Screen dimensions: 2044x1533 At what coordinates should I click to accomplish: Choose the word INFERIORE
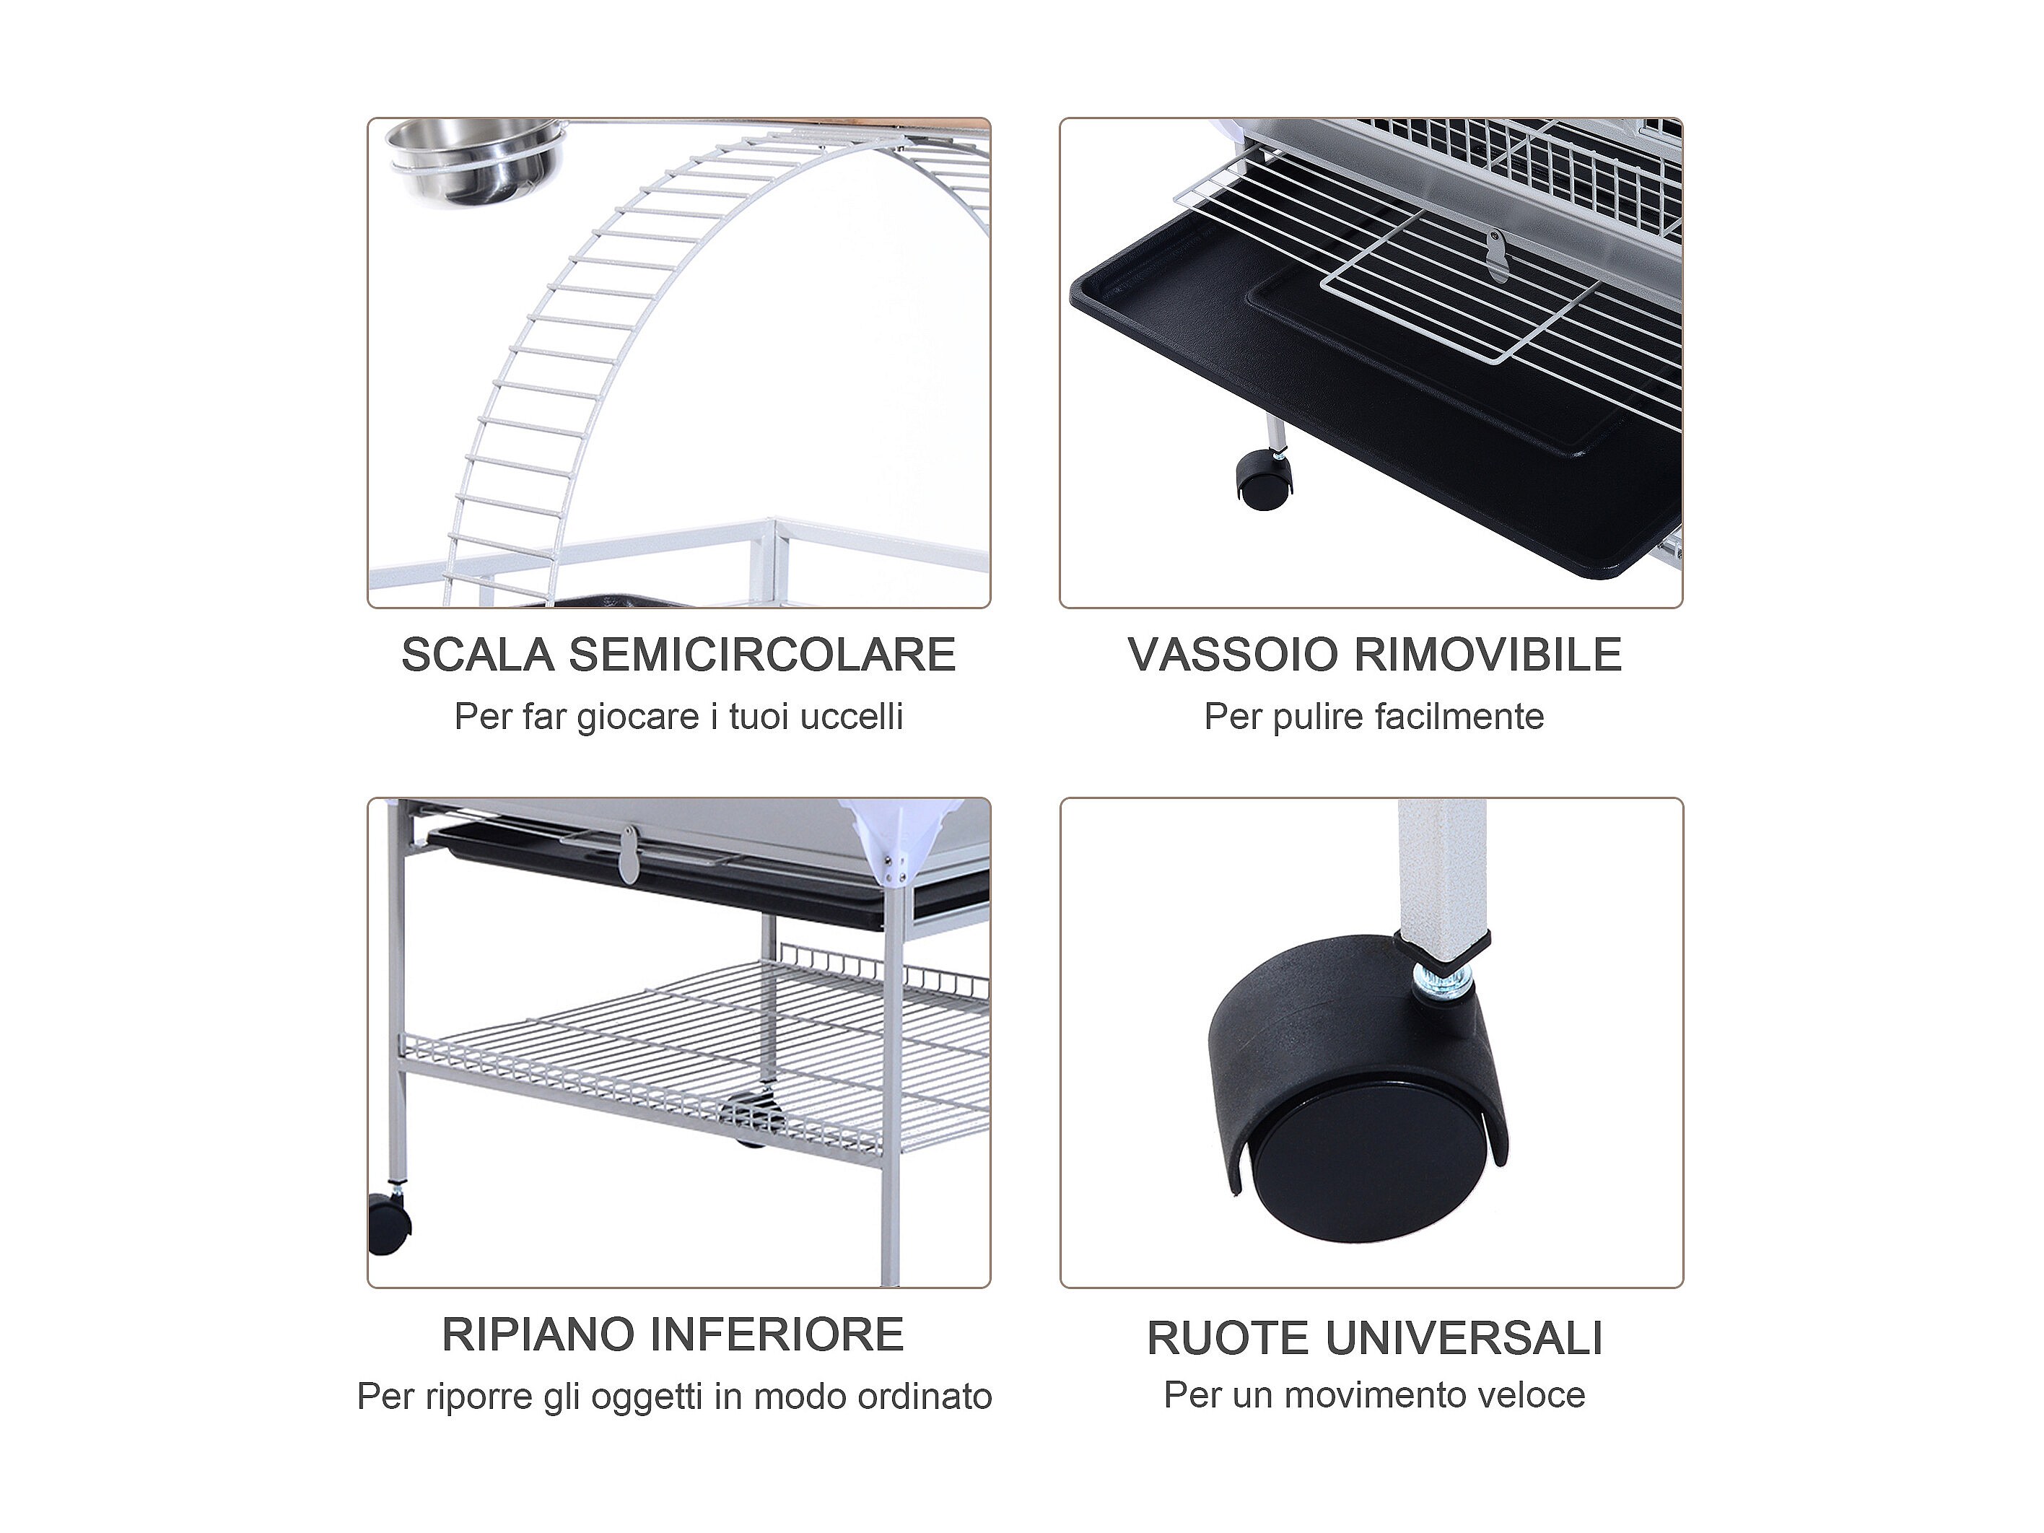(x=777, y=1335)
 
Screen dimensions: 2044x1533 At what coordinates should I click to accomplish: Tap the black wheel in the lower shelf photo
(x=388, y=1223)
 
